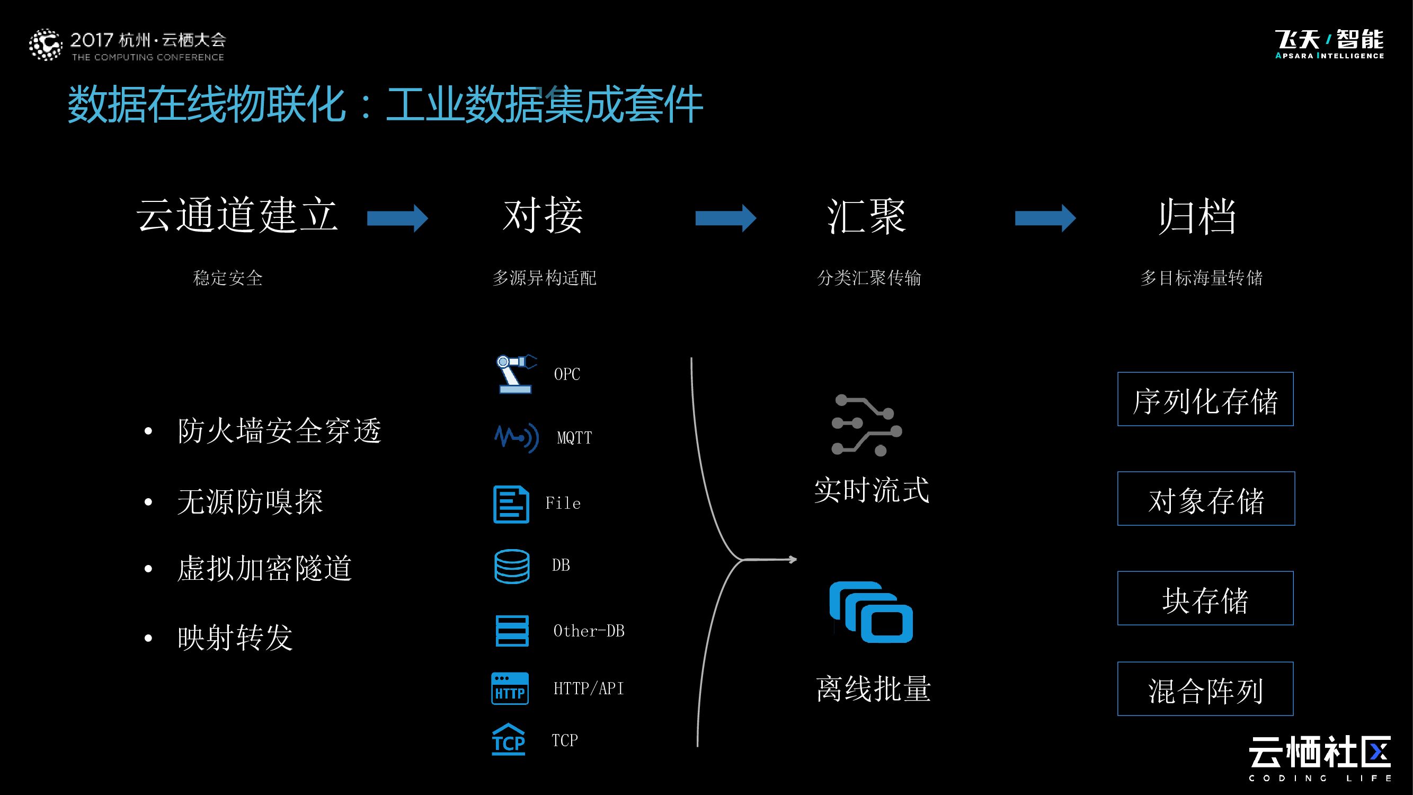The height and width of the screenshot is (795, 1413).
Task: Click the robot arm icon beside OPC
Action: (515, 374)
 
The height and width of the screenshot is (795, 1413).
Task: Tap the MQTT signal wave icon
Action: (516, 437)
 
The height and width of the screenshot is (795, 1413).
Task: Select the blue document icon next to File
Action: (511, 504)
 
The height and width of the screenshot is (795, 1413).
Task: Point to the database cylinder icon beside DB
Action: (512, 566)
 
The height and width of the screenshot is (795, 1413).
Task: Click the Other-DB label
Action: (589, 631)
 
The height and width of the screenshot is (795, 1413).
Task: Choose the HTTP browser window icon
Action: (510, 688)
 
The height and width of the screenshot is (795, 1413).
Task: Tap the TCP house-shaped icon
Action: (509, 739)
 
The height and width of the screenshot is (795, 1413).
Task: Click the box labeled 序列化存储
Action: (1205, 400)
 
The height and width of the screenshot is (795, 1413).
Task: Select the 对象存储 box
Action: (1206, 499)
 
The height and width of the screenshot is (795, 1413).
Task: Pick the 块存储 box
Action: (1205, 598)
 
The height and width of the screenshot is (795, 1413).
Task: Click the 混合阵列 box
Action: (1205, 689)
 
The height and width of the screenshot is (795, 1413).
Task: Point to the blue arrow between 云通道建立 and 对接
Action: (397, 218)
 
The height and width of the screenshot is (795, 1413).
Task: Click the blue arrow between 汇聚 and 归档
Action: (1045, 218)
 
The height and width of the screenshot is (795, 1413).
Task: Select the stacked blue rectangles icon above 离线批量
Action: (871, 612)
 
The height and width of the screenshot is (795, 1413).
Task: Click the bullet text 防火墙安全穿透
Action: (279, 431)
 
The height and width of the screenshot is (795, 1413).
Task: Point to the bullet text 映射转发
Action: (235, 638)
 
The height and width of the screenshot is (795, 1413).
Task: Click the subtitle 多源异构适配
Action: (544, 278)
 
